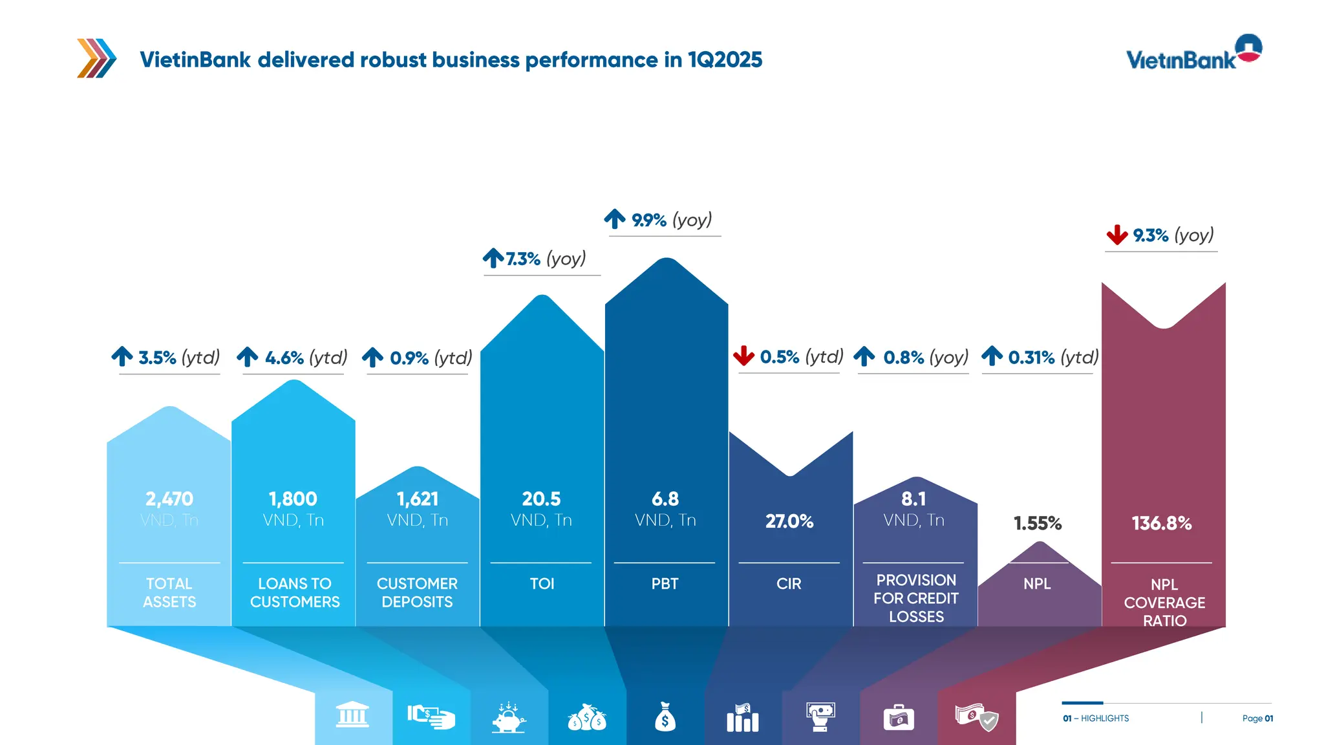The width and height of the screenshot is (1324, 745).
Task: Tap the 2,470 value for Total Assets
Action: (169, 499)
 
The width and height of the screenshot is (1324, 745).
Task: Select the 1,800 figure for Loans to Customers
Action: (293, 499)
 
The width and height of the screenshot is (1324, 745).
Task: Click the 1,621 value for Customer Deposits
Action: (418, 499)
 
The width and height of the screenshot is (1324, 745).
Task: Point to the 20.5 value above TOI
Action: (541, 499)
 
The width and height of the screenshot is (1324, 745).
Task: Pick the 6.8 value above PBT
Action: (665, 499)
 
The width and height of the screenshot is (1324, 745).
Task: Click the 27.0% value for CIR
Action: (789, 521)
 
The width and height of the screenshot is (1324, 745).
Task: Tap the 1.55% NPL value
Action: (1038, 523)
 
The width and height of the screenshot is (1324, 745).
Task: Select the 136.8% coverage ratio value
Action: (1162, 523)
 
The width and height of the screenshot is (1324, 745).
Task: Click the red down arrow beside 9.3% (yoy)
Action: (1117, 235)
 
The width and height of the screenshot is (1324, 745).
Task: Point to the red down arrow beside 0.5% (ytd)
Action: (744, 356)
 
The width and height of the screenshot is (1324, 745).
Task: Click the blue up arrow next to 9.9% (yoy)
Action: (615, 219)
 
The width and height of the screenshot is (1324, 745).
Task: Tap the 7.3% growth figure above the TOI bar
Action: (523, 259)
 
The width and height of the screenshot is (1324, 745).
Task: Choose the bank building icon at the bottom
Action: (352, 716)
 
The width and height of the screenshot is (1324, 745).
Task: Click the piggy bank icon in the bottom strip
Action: (509, 717)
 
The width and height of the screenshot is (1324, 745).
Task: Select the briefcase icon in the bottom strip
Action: (899, 718)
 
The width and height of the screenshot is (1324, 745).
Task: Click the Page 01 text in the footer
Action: (1257, 718)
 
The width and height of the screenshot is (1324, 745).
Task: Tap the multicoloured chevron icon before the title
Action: (96, 58)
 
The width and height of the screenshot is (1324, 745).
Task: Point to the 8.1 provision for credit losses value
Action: (913, 499)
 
